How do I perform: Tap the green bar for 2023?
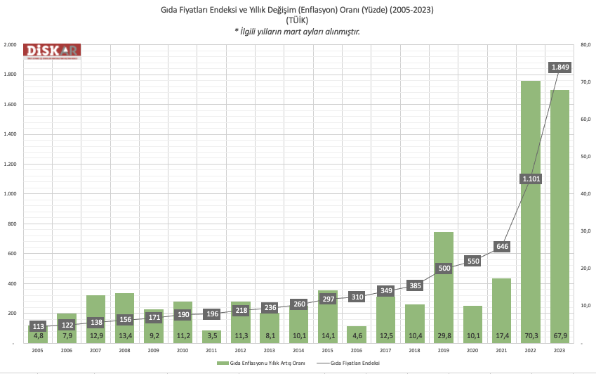tap(559, 211)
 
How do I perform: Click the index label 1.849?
tap(560, 67)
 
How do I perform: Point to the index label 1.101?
tap(531, 179)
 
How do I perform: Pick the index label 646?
tap(502, 246)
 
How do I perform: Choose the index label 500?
tap(444, 268)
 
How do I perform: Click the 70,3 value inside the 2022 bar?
tap(531, 336)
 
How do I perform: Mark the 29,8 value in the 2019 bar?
tap(444, 336)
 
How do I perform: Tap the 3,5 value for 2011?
tap(212, 336)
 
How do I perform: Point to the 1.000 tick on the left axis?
tap(10, 194)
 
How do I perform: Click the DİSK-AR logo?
tap(53, 51)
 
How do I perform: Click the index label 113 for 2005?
tap(39, 326)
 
